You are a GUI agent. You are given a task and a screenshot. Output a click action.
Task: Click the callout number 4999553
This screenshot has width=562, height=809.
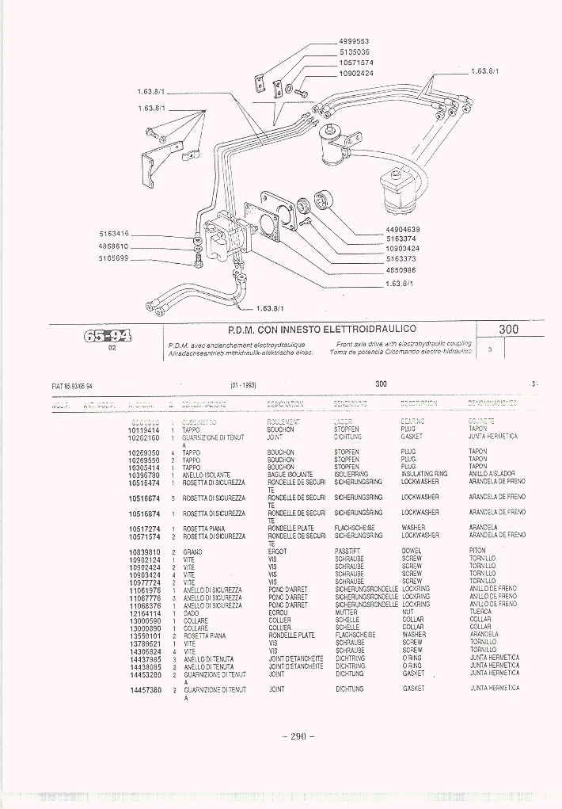click(355, 40)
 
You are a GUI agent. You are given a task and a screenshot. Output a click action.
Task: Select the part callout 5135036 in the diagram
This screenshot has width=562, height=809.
click(355, 52)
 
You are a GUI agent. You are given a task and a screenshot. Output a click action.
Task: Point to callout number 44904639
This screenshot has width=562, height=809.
click(403, 229)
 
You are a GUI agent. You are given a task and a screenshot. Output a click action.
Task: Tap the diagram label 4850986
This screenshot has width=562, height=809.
click(401, 269)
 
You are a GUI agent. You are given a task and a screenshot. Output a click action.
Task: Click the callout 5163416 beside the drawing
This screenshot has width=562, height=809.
click(114, 234)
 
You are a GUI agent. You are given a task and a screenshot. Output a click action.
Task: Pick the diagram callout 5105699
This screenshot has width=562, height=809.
click(114, 258)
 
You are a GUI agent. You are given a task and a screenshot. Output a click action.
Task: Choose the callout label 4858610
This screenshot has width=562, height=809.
click(114, 246)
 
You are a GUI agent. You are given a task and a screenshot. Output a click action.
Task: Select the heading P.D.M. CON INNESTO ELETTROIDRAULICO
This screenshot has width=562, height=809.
click(321, 328)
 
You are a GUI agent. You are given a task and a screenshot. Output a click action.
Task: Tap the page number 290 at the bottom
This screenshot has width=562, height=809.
click(298, 736)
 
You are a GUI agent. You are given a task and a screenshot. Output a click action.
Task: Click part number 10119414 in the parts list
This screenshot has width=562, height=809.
click(144, 429)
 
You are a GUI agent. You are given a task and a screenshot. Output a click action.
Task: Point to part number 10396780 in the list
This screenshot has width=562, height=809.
click(144, 474)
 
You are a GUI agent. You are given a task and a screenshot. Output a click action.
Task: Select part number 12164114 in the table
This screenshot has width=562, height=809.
click(144, 612)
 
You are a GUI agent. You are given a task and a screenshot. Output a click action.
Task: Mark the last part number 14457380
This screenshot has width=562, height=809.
click(146, 689)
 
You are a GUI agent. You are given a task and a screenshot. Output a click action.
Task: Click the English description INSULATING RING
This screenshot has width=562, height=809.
click(424, 474)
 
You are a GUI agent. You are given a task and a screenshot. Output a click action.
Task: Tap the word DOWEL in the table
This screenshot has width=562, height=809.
click(412, 551)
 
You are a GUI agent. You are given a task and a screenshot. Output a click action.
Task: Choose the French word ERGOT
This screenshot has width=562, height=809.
click(279, 551)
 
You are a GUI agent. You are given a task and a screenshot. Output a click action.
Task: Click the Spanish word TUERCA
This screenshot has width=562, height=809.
click(480, 612)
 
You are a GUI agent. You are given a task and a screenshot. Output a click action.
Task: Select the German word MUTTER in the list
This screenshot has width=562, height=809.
click(347, 612)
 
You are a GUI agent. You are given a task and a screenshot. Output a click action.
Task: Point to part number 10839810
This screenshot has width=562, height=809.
click(144, 551)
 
